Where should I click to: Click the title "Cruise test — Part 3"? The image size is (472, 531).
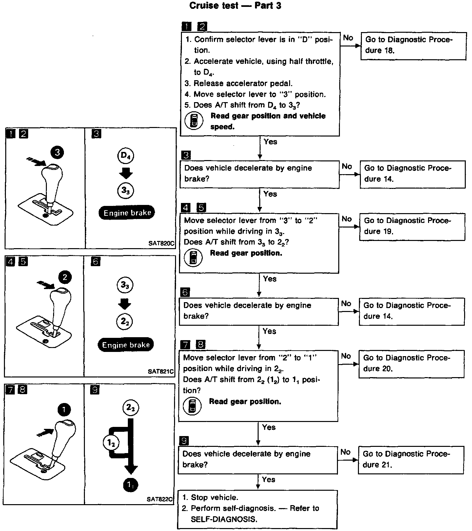pyautogui.click(x=235, y=6)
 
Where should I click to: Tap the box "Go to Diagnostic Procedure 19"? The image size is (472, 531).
pyautogui.click(x=412, y=227)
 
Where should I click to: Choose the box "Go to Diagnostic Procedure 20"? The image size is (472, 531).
pyautogui.click(x=411, y=364)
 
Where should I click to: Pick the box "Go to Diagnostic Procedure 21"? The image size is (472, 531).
pyautogui.click(x=411, y=460)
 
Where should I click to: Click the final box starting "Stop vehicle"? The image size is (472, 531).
pyautogui.click(x=257, y=509)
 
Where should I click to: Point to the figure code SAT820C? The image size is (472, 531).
pyautogui.click(x=162, y=244)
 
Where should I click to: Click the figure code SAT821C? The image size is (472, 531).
pyautogui.click(x=161, y=372)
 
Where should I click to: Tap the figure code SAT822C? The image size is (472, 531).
pyautogui.click(x=160, y=499)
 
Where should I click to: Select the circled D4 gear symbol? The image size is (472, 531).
pyautogui.click(x=126, y=156)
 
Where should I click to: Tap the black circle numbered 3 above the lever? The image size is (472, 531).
pyautogui.click(x=57, y=152)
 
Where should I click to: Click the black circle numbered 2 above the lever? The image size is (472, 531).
pyautogui.click(x=65, y=278)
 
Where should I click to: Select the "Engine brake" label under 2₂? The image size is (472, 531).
pyautogui.click(x=126, y=345)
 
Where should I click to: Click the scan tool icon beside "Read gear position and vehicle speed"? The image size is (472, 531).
pyautogui.click(x=194, y=120)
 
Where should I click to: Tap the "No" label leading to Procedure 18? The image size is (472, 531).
pyautogui.click(x=348, y=38)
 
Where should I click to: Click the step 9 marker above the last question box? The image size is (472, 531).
pyautogui.click(x=184, y=441)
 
